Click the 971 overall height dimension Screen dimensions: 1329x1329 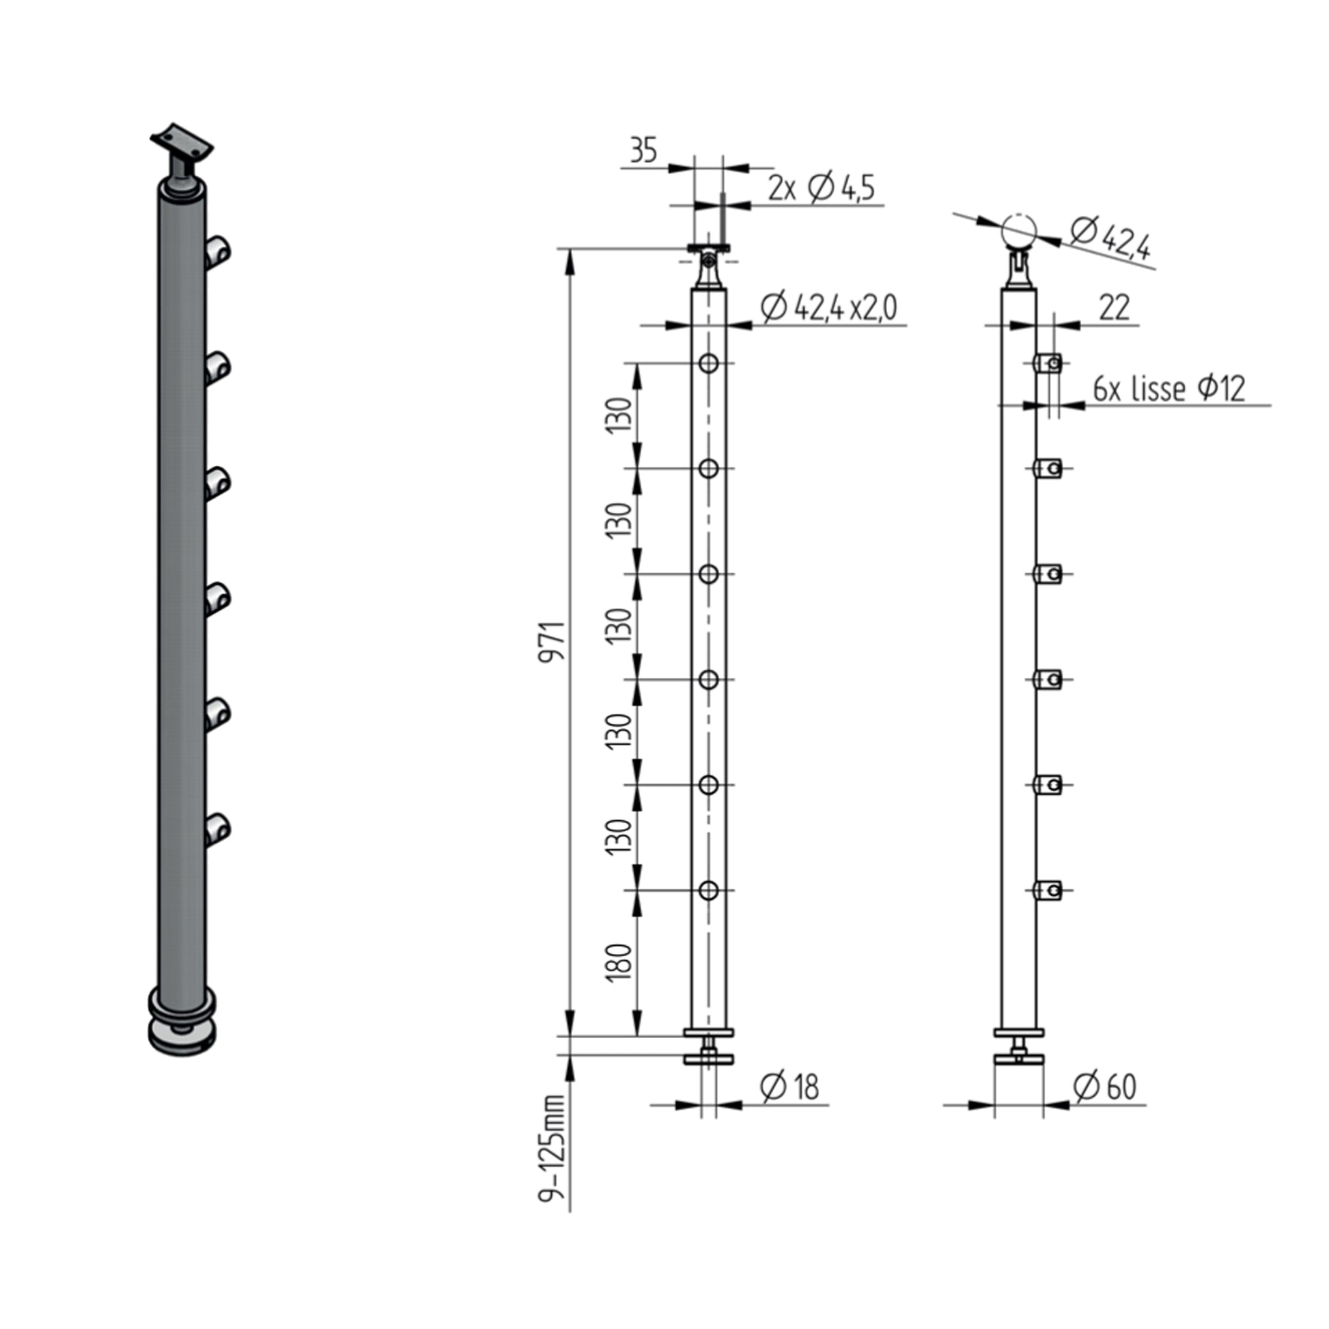tap(552, 641)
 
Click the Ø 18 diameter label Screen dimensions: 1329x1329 tap(789, 1087)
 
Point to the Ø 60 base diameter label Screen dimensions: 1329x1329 tap(1105, 1087)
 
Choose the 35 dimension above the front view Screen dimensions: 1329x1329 tap(643, 150)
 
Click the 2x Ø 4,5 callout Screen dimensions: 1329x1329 tap(822, 188)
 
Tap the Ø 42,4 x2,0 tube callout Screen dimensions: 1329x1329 tap(829, 307)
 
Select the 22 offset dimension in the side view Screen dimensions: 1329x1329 tap(1114, 307)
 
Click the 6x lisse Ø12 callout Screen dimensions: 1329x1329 tap(1169, 389)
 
